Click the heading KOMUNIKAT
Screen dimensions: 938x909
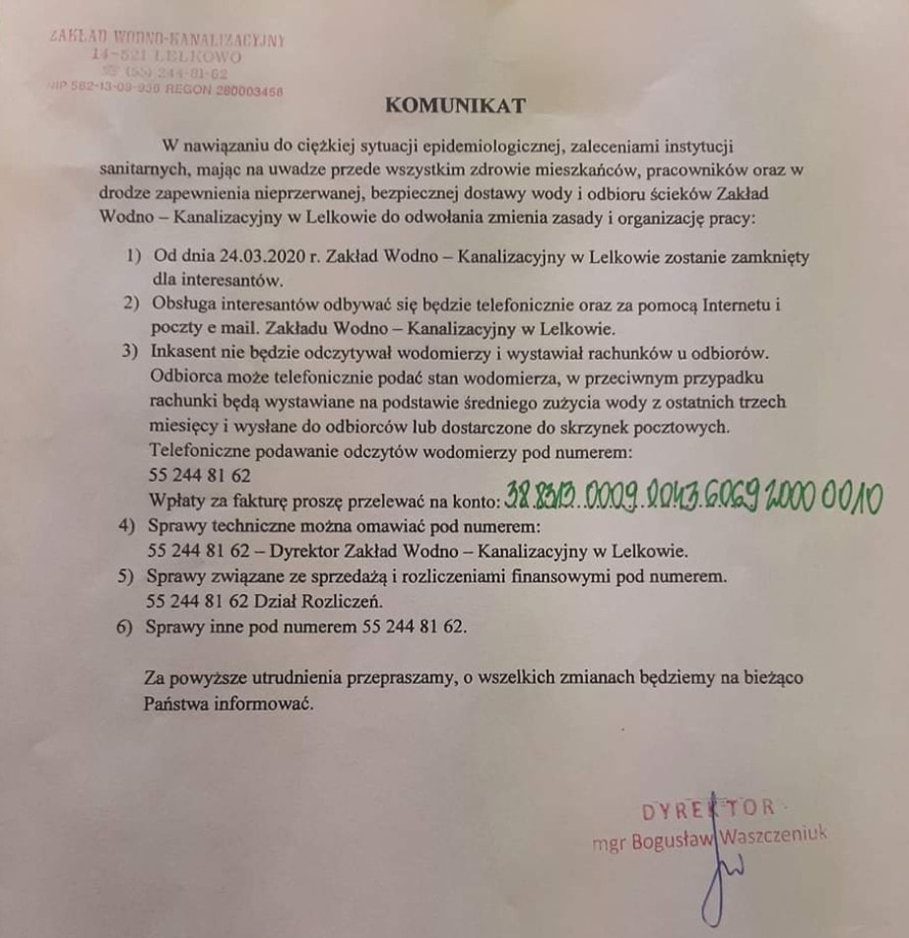point(455,104)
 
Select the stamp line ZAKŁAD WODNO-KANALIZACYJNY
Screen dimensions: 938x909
point(167,39)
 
